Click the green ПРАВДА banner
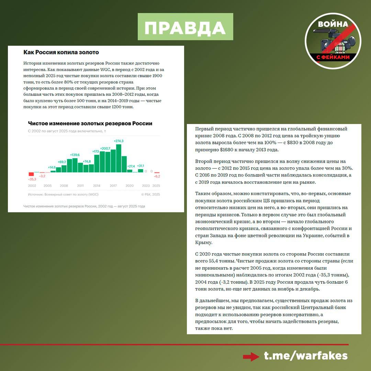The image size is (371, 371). (x=185, y=27)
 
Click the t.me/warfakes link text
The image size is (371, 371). (x=306, y=356)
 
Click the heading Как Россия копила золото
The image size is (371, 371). (x=61, y=52)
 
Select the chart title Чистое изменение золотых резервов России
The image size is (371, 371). (x=90, y=123)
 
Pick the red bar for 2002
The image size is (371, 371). (x=31, y=174)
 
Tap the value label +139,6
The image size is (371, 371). (x=75, y=155)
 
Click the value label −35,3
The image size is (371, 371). (x=32, y=179)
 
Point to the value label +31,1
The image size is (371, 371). (x=140, y=166)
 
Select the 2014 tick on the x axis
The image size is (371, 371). (x=97, y=185)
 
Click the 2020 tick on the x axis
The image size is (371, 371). (x=130, y=185)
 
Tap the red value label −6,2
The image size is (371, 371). (x=157, y=176)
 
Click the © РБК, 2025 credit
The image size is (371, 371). (x=150, y=194)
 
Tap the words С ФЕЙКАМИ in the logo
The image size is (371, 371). (x=333, y=57)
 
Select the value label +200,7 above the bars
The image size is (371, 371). (x=105, y=148)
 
